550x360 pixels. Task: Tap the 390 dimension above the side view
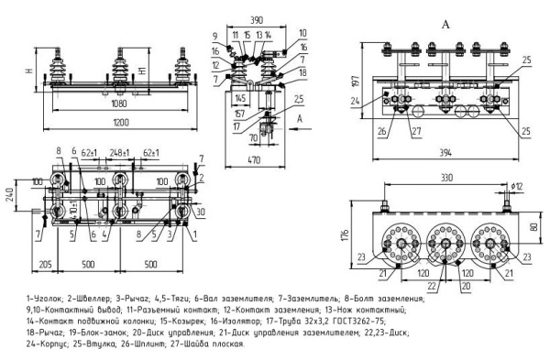pos(256,17)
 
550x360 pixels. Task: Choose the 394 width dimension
pos(445,151)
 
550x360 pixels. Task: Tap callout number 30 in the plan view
pos(199,213)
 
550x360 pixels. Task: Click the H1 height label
pos(140,70)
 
